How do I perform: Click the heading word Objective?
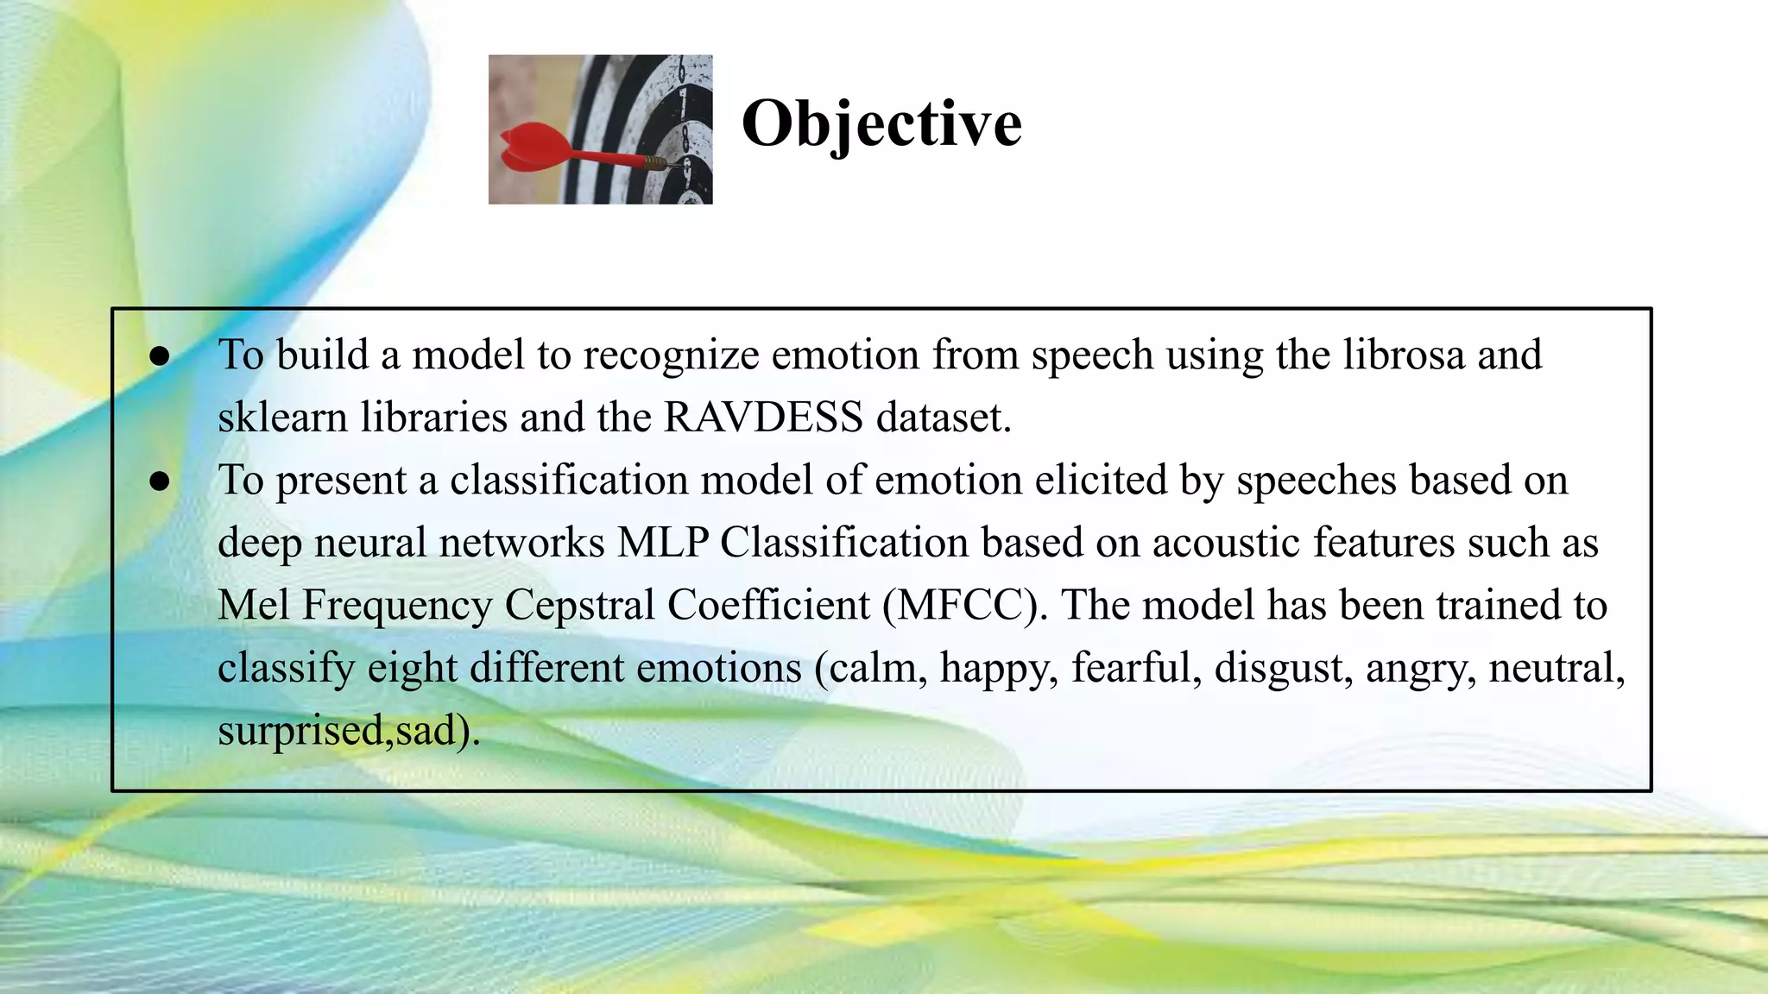click(881, 123)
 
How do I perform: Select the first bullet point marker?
click(159, 356)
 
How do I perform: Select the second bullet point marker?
click(159, 481)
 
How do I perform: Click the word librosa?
click(1404, 355)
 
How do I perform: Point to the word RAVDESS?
click(763, 418)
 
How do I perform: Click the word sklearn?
click(282, 418)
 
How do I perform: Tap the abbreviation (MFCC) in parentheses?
click(965, 605)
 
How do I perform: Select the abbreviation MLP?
click(663, 543)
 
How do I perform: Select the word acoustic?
click(1226, 543)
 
